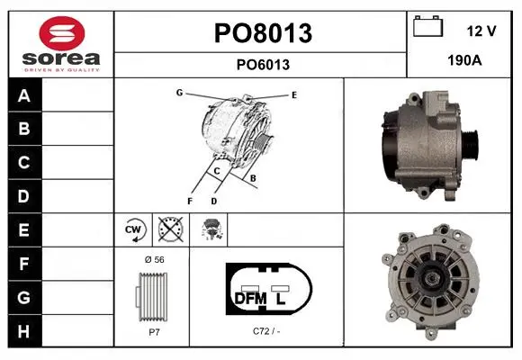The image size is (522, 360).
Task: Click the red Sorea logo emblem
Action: click(62, 33)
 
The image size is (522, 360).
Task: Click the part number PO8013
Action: click(263, 33)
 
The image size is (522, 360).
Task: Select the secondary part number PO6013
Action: click(263, 65)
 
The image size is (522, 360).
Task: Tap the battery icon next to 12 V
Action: click(428, 26)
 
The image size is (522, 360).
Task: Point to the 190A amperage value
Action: click(464, 60)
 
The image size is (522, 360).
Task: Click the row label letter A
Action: click(24, 96)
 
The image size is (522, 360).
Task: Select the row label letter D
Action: click(23, 196)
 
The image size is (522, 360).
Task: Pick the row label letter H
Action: click(23, 331)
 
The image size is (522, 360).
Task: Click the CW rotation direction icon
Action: click(133, 229)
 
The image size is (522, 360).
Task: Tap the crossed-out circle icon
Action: click(171, 229)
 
